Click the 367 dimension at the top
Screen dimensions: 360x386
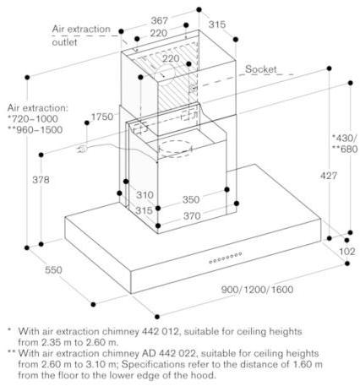tap(160, 20)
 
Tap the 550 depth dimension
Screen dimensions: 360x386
tap(53, 269)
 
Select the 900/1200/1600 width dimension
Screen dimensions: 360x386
tap(257, 290)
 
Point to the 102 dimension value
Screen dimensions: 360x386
tap(347, 251)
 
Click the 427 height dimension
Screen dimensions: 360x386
tap(329, 176)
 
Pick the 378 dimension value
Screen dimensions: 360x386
tap(41, 179)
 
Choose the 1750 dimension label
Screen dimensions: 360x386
tap(102, 117)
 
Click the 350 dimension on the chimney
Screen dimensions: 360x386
tap(191, 199)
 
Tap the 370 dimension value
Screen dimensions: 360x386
tap(192, 216)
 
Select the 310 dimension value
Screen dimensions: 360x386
tap(145, 195)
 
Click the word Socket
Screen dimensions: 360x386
tap(261, 69)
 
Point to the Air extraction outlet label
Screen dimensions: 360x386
tap(81, 35)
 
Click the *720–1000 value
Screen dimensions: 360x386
tap(33, 119)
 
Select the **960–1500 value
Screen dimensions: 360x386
tap(35, 130)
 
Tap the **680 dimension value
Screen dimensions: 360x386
tap(346, 149)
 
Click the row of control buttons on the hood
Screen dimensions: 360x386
tap(226, 258)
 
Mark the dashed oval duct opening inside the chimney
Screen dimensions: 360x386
tap(175, 149)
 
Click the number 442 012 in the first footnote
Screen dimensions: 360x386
tap(159, 331)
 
